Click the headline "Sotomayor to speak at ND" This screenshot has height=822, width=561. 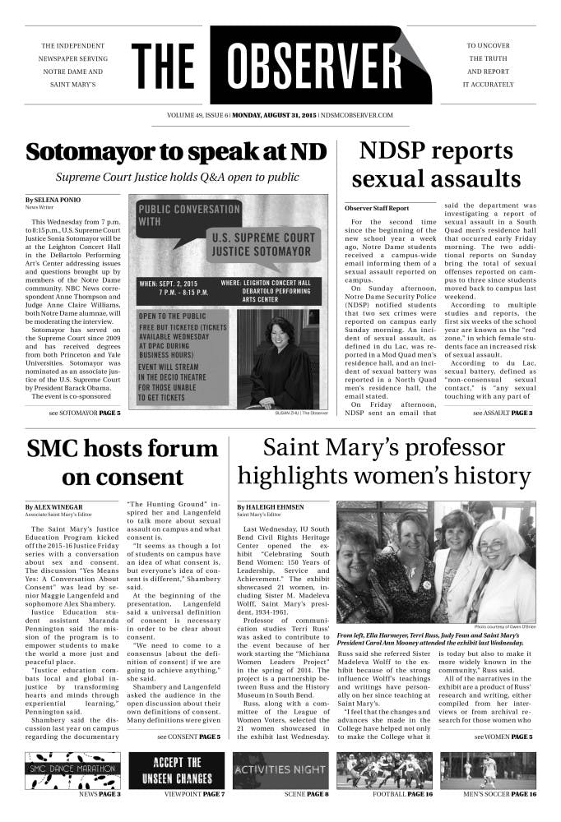point(176,153)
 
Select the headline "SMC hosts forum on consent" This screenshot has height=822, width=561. point(122,462)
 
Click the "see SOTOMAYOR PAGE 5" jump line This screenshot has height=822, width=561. point(85,413)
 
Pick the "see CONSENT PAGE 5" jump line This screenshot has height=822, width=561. point(188,737)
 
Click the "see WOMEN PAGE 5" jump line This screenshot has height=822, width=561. point(503,737)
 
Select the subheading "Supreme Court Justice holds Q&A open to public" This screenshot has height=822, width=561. point(176,177)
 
